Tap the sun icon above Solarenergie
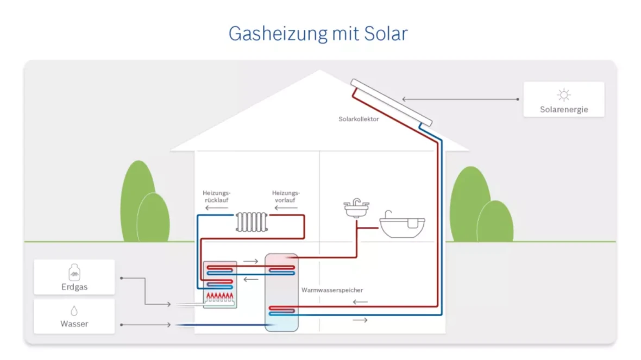click(x=564, y=95)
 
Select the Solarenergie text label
click(x=564, y=110)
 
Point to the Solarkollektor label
click(x=359, y=119)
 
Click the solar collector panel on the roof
click(x=391, y=102)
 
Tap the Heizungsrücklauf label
click(x=217, y=196)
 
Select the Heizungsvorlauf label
click(x=286, y=196)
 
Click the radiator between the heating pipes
click(x=252, y=222)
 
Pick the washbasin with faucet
click(x=356, y=209)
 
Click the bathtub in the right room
click(x=402, y=225)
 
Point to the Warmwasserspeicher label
click(x=332, y=290)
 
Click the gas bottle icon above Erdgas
click(x=74, y=273)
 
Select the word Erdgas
click(x=74, y=287)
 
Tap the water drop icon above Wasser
click(x=74, y=311)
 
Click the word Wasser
click(x=74, y=324)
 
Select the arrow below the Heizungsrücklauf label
click(x=217, y=208)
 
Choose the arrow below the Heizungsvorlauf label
click(x=286, y=208)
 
